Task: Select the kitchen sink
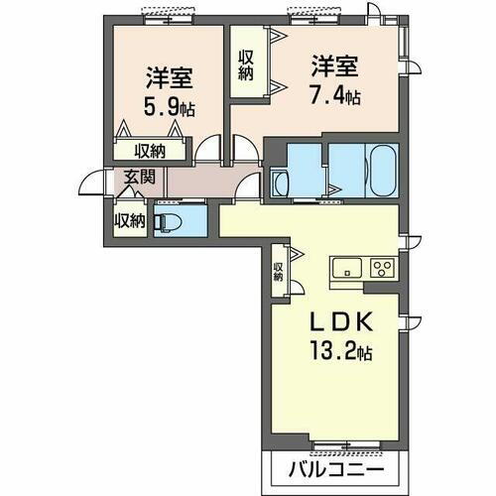tap(347, 266)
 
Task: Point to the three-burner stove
tap(383, 266)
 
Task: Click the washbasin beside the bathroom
tap(280, 184)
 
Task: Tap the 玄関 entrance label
tap(139, 179)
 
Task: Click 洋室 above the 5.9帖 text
tap(165, 75)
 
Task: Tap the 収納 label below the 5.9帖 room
tap(151, 151)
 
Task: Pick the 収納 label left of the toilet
tap(129, 219)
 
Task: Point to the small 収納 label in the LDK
tap(279, 271)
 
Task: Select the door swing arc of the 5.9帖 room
tap(208, 150)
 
